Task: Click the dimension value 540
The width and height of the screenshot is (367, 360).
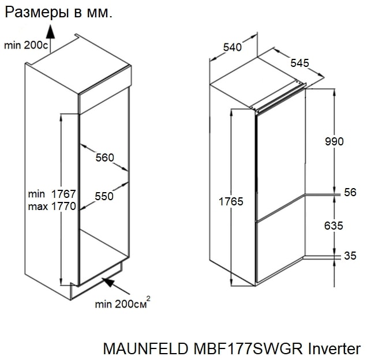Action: coord(231,48)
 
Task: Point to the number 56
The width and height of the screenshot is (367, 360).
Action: coord(350,193)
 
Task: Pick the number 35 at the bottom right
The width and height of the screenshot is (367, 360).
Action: coord(350,256)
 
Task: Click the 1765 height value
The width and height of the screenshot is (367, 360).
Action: coord(231,201)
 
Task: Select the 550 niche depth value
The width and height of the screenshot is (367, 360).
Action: coord(104,196)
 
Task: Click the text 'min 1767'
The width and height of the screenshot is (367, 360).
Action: coord(52,194)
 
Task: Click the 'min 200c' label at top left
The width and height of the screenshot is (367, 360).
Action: coord(26,45)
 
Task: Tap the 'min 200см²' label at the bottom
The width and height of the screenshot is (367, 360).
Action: coord(123,303)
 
